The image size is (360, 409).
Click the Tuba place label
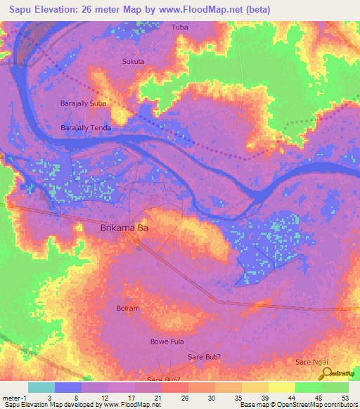point(181,27)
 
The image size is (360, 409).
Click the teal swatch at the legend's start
point(41,387)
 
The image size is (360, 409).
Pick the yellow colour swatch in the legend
point(282,387)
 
